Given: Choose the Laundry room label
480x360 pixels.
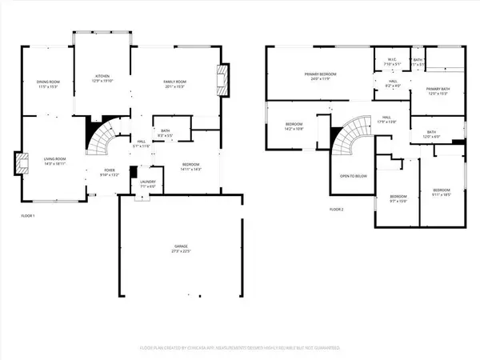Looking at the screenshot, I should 147,182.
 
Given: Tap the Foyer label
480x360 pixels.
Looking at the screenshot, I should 109,170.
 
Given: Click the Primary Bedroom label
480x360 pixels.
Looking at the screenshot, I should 320,74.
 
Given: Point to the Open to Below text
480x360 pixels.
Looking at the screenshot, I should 353,175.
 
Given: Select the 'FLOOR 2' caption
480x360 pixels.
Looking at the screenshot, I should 337,209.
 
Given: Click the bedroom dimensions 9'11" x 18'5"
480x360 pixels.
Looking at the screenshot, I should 441,194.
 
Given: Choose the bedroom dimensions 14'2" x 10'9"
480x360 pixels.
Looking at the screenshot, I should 294,128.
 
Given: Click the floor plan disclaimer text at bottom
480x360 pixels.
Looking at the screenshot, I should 240,348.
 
